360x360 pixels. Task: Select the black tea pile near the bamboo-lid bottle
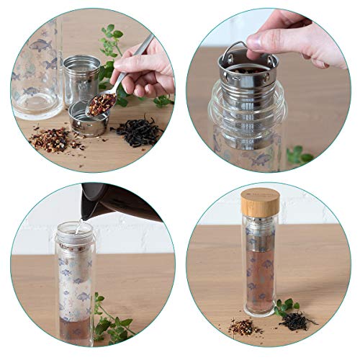tap(298, 321)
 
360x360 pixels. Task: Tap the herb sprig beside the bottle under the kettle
tap(112, 321)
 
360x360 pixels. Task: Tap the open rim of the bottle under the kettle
tap(76, 228)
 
